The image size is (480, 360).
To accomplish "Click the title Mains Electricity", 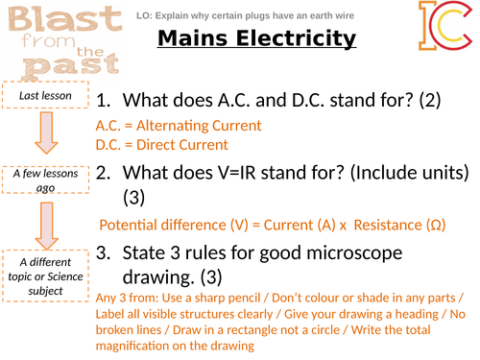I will [x=256, y=39].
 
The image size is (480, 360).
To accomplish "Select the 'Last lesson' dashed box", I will [x=40, y=95].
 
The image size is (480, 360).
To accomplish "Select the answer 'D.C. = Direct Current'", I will [x=162, y=145].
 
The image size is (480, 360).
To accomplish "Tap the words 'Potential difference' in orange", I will [x=160, y=225].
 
